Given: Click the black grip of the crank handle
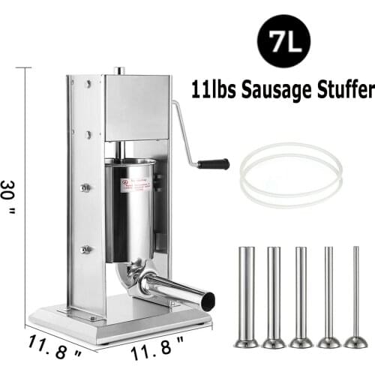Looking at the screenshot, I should (213, 163).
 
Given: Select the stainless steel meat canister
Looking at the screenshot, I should (130, 206).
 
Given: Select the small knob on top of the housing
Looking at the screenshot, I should (118, 71).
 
